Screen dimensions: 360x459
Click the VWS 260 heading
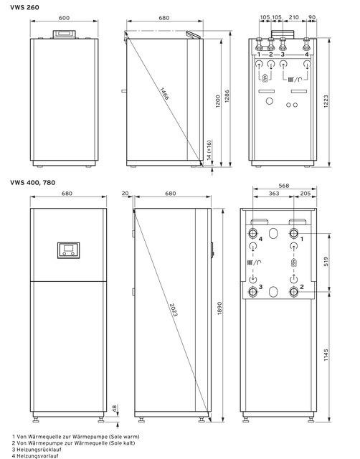24,7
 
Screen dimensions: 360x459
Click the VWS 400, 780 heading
33,183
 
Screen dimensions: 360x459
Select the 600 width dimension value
64,18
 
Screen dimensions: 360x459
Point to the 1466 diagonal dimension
164,94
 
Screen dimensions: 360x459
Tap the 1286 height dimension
227,95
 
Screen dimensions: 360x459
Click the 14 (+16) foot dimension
209,150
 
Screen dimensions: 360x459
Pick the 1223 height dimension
326,101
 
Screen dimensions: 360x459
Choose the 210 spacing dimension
293,17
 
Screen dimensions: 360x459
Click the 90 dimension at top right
312,17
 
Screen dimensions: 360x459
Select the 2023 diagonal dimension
174,310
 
